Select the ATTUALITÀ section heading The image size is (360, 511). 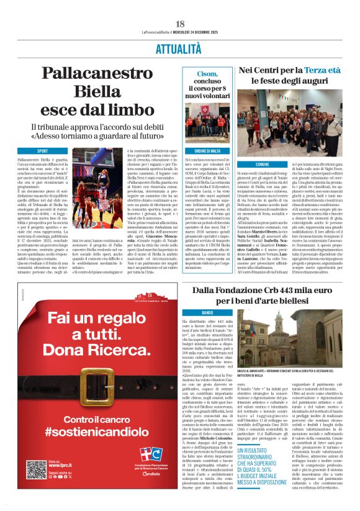(x=179, y=50)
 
